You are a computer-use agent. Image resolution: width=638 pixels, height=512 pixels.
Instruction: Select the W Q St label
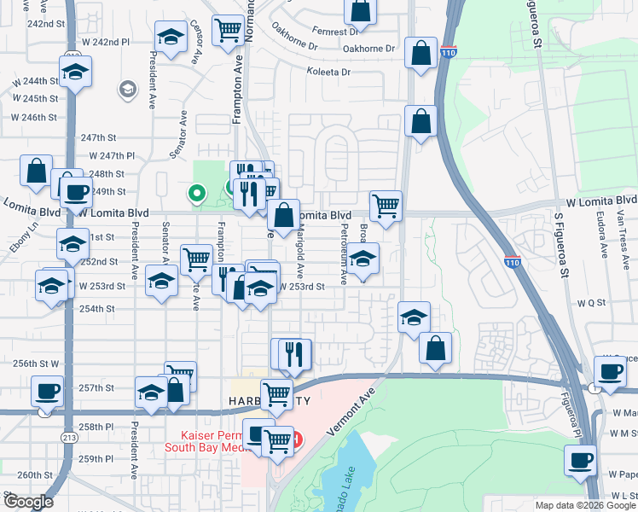click(x=590, y=303)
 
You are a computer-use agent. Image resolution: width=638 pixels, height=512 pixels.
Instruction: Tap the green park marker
click(x=197, y=194)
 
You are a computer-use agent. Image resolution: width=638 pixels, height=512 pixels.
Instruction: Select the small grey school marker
click(x=127, y=88)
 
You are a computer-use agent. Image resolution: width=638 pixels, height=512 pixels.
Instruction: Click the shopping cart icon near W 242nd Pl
click(x=228, y=31)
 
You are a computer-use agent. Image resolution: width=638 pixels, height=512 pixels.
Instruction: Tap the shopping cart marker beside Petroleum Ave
click(x=386, y=205)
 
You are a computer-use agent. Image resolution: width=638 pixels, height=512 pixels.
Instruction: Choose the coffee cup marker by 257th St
click(x=47, y=392)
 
